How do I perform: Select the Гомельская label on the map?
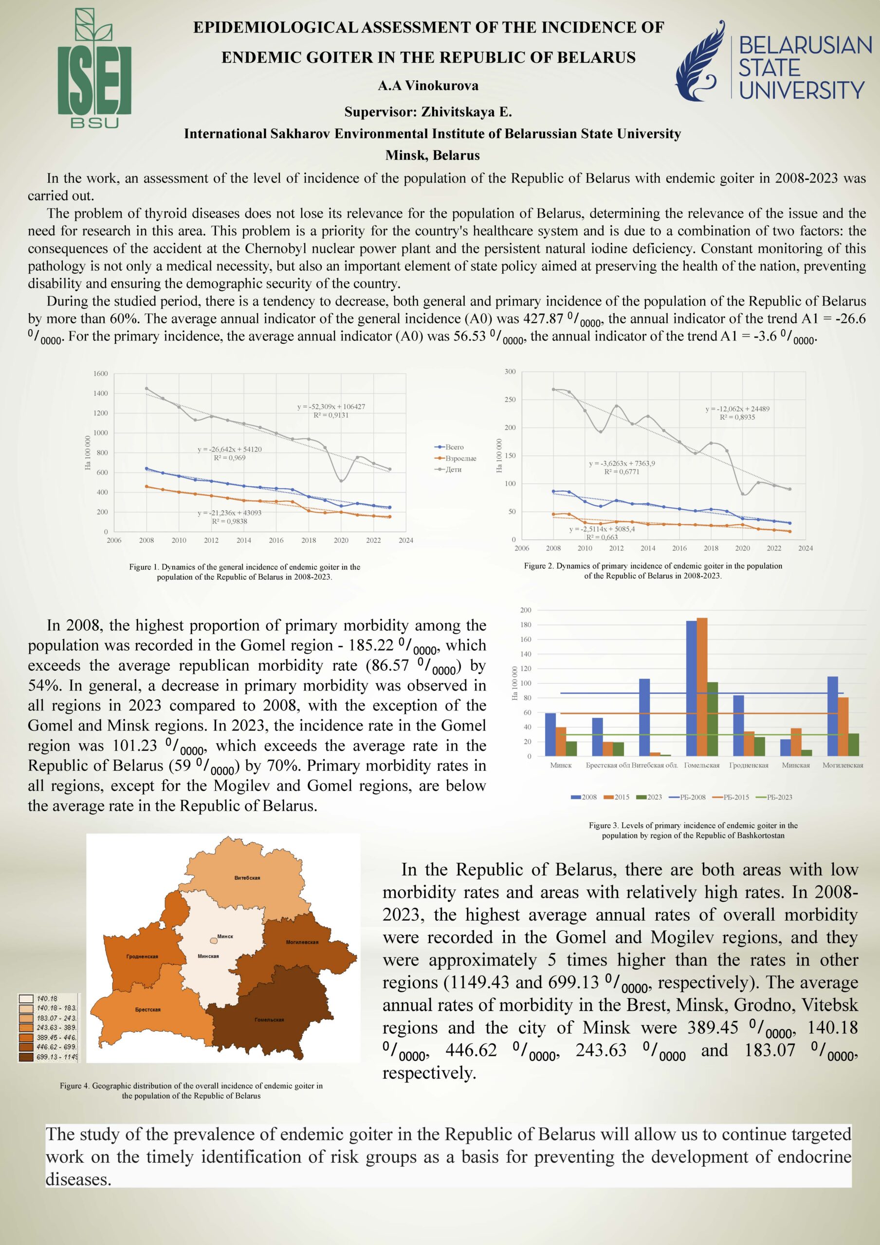pyautogui.click(x=269, y=1020)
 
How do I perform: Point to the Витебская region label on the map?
pyautogui.click(x=247, y=878)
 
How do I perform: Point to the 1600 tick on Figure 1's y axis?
pyautogui.click(x=100, y=373)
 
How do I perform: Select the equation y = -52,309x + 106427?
pyautogui.click(x=331, y=406)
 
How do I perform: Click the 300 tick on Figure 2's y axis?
pyautogui.click(x=510, y=372)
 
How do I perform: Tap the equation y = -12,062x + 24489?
pyautogui.click(x=737, y=409)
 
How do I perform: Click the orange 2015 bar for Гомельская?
pyautogui.click(x=701, y=687)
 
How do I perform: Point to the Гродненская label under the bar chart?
pyautogui.click(x=749, y=765)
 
